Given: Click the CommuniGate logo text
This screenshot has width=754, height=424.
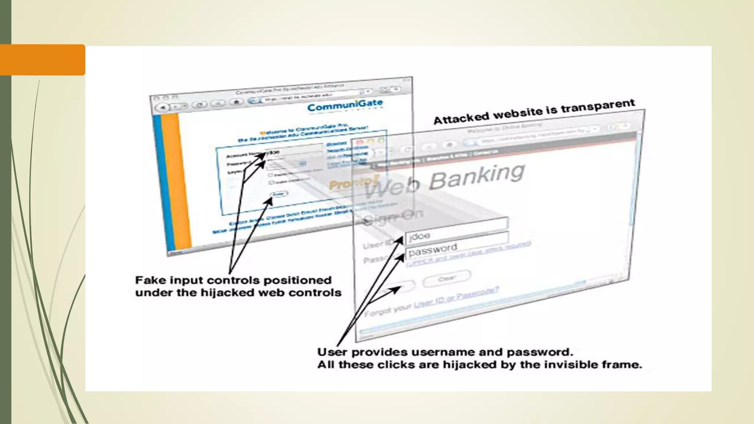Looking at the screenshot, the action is [345, 106].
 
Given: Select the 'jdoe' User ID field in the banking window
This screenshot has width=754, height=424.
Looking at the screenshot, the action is [457, 236].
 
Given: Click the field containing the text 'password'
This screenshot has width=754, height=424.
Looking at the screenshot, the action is [457, 250].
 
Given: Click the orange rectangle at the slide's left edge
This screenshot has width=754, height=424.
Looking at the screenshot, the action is [42, 60].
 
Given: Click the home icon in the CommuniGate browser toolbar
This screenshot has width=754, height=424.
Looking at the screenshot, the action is [236, 102].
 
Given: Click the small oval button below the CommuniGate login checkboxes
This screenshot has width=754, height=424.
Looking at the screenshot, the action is [279, 194].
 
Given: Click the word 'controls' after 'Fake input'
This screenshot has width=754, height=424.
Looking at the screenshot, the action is [233, 280].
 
